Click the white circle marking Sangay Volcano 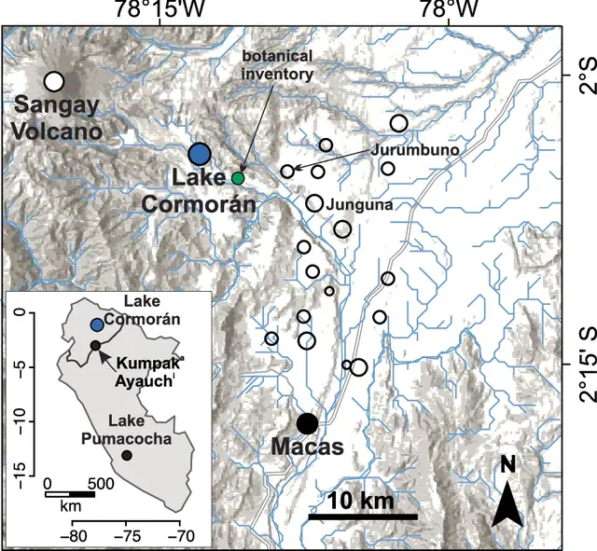[x=54, y=82]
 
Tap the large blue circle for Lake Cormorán [x=200, y=154]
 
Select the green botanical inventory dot [x=238, y=177]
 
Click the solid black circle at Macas [x=307, y=423]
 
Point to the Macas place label [x=307, y=448]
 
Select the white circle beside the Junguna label [x=314, y=203]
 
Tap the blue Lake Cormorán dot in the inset [x=98, y=324]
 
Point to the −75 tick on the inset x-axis [x=127, y=536]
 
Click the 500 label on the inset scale [x=100, y=484]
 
